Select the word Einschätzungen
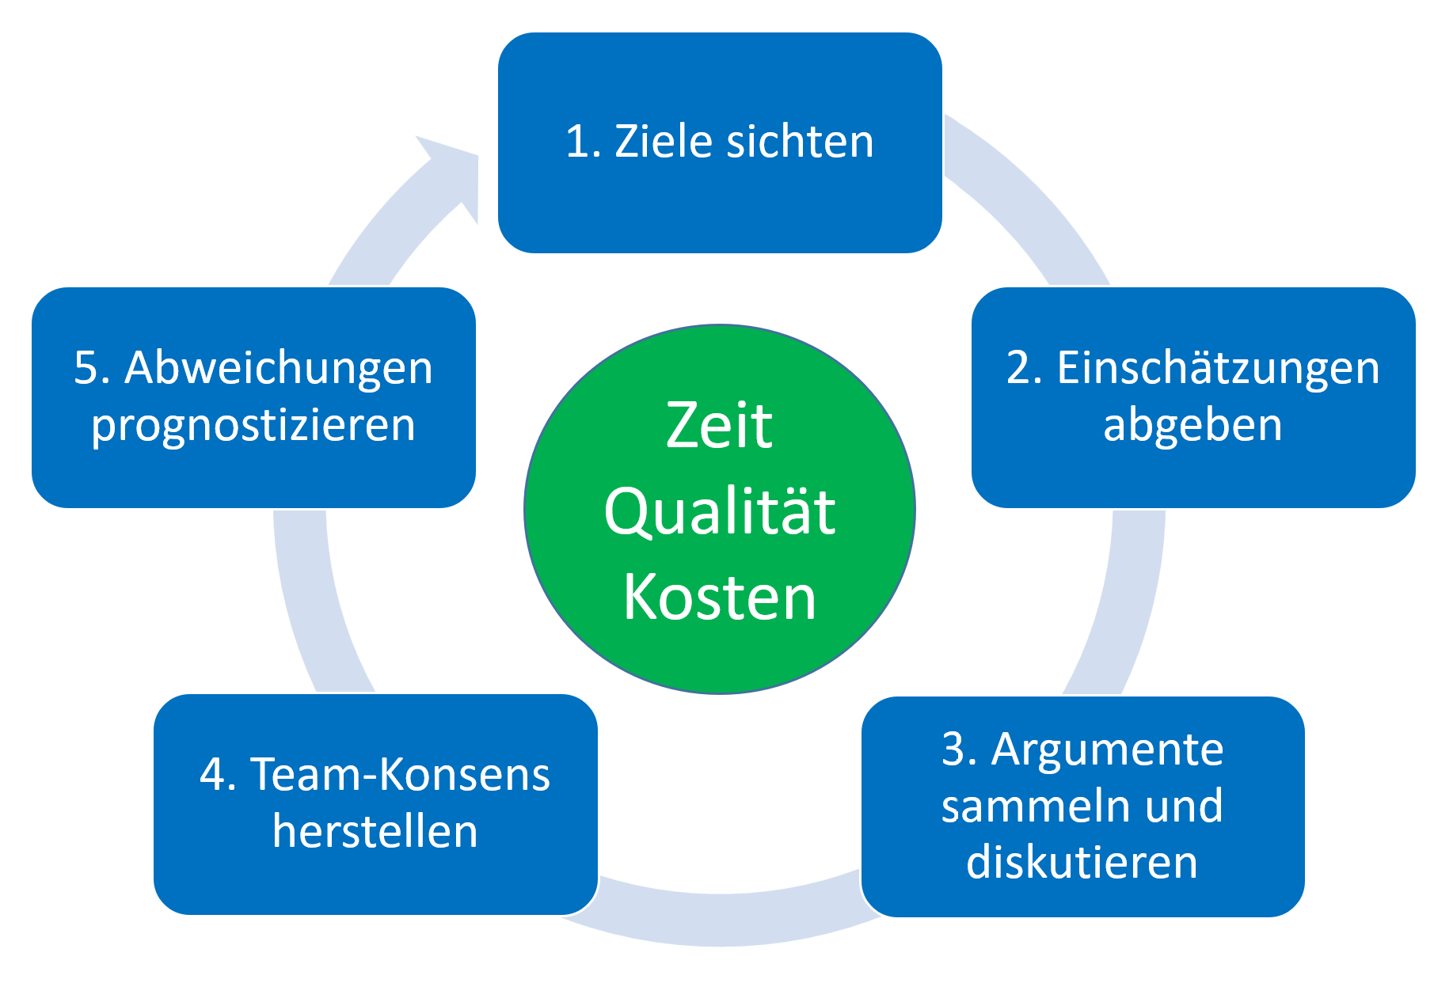[x=1218, y=369]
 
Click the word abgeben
[x=1192, y=425]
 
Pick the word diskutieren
[x=1082, y=862]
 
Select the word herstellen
[x=375, y=832]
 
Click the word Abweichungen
[x=279, y=368]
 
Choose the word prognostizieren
[x=253, y=426]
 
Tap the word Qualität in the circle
[x=719, y=512]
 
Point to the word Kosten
[x=719, y=598]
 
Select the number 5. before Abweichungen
[x=91, y=368]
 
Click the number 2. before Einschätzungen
[x=1024, y=369]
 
